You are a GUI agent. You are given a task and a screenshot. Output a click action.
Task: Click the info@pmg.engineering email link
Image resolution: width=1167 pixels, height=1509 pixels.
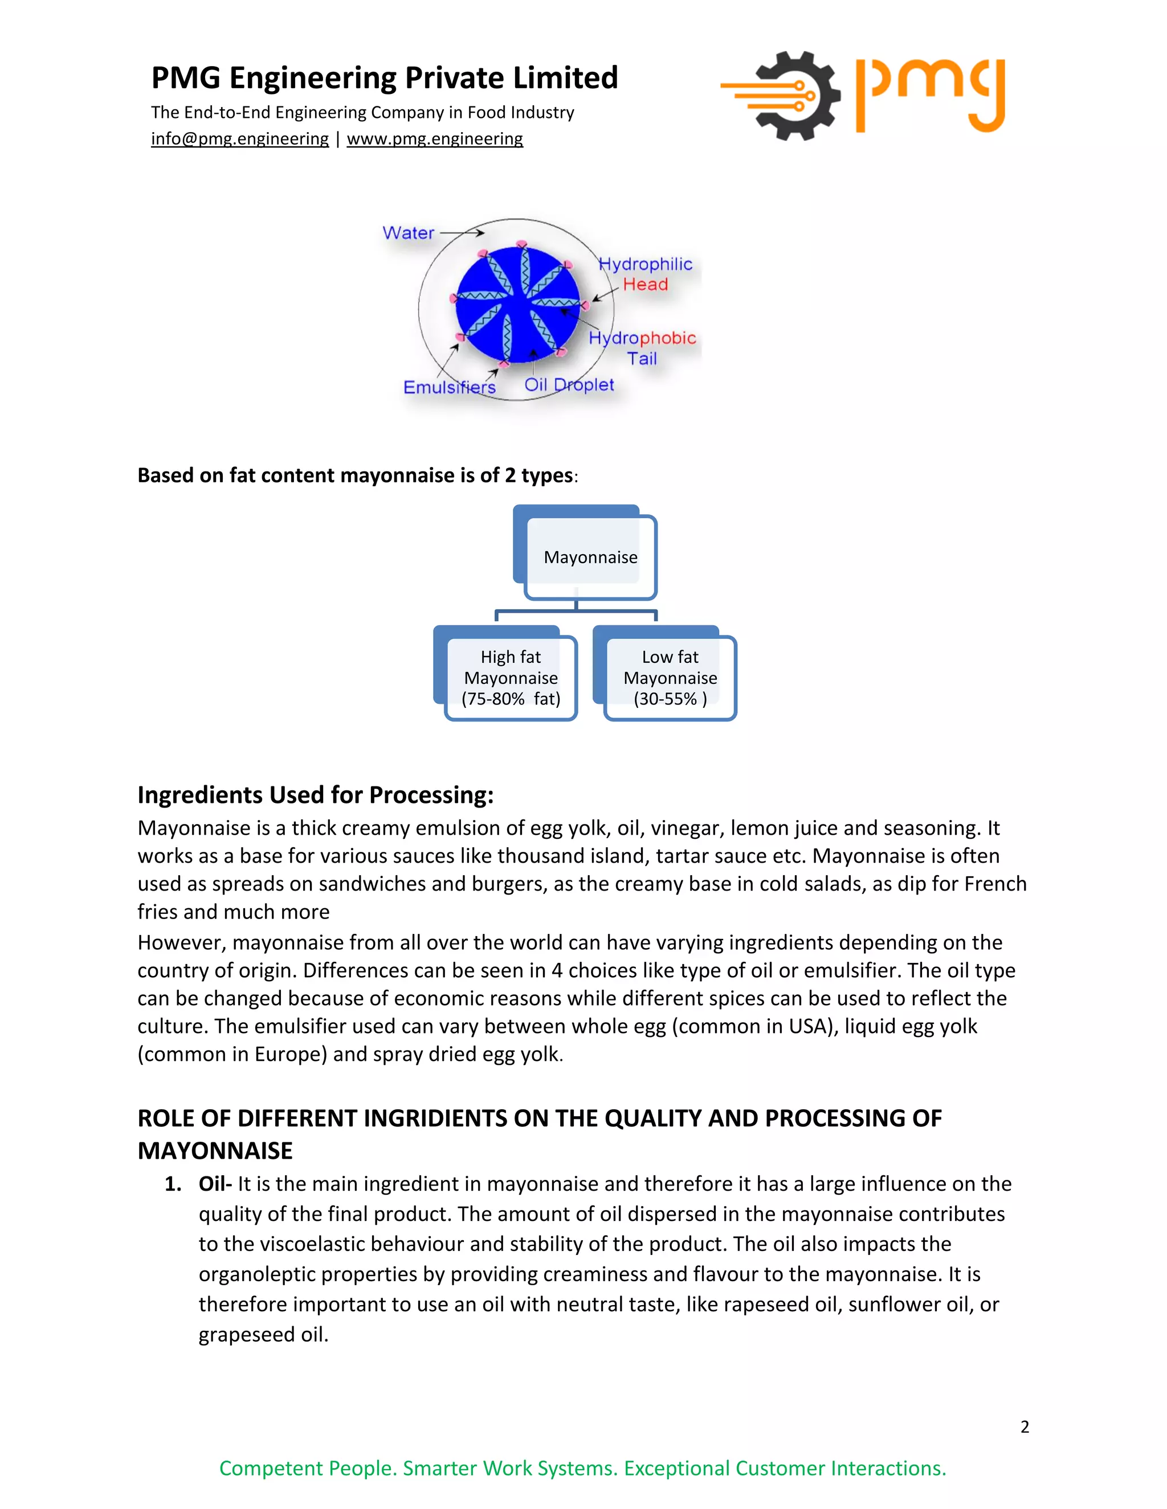tap(240, 139)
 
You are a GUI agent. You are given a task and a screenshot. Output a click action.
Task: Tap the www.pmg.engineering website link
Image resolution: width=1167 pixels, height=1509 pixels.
tap(434, 139)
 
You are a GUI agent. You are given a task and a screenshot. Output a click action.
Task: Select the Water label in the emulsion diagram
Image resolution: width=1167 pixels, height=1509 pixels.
tap(408, 233)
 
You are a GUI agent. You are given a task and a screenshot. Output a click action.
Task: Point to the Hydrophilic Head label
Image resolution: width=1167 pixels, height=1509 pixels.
tap(645, 274)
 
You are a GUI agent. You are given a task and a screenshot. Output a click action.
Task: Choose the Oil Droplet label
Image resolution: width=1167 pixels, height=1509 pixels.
tap(569, 385)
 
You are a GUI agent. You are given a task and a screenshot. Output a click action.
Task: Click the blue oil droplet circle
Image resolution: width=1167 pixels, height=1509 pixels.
tap(517, 304)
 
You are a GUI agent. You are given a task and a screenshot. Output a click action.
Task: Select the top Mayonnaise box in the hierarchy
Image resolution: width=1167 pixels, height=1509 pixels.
tap(590, 557)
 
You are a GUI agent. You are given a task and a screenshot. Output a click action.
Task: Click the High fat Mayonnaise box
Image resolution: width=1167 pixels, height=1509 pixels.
tap(511, 678)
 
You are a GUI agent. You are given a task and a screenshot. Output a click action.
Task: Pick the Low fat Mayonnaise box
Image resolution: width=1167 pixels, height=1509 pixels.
tap(670, 678)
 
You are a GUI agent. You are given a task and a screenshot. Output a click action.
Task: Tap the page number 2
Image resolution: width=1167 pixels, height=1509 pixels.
tap(1025, 1427)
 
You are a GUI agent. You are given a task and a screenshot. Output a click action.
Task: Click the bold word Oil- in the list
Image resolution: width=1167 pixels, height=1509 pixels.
tap(215, 1184)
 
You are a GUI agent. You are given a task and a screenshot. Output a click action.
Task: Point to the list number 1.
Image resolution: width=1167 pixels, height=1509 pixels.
tap(172, 1184)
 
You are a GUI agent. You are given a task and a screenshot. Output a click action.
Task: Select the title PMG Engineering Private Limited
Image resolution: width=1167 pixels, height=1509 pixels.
tap(385, 77)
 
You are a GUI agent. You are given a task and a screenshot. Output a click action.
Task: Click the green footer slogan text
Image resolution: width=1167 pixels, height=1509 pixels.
tap(583, 1468)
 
